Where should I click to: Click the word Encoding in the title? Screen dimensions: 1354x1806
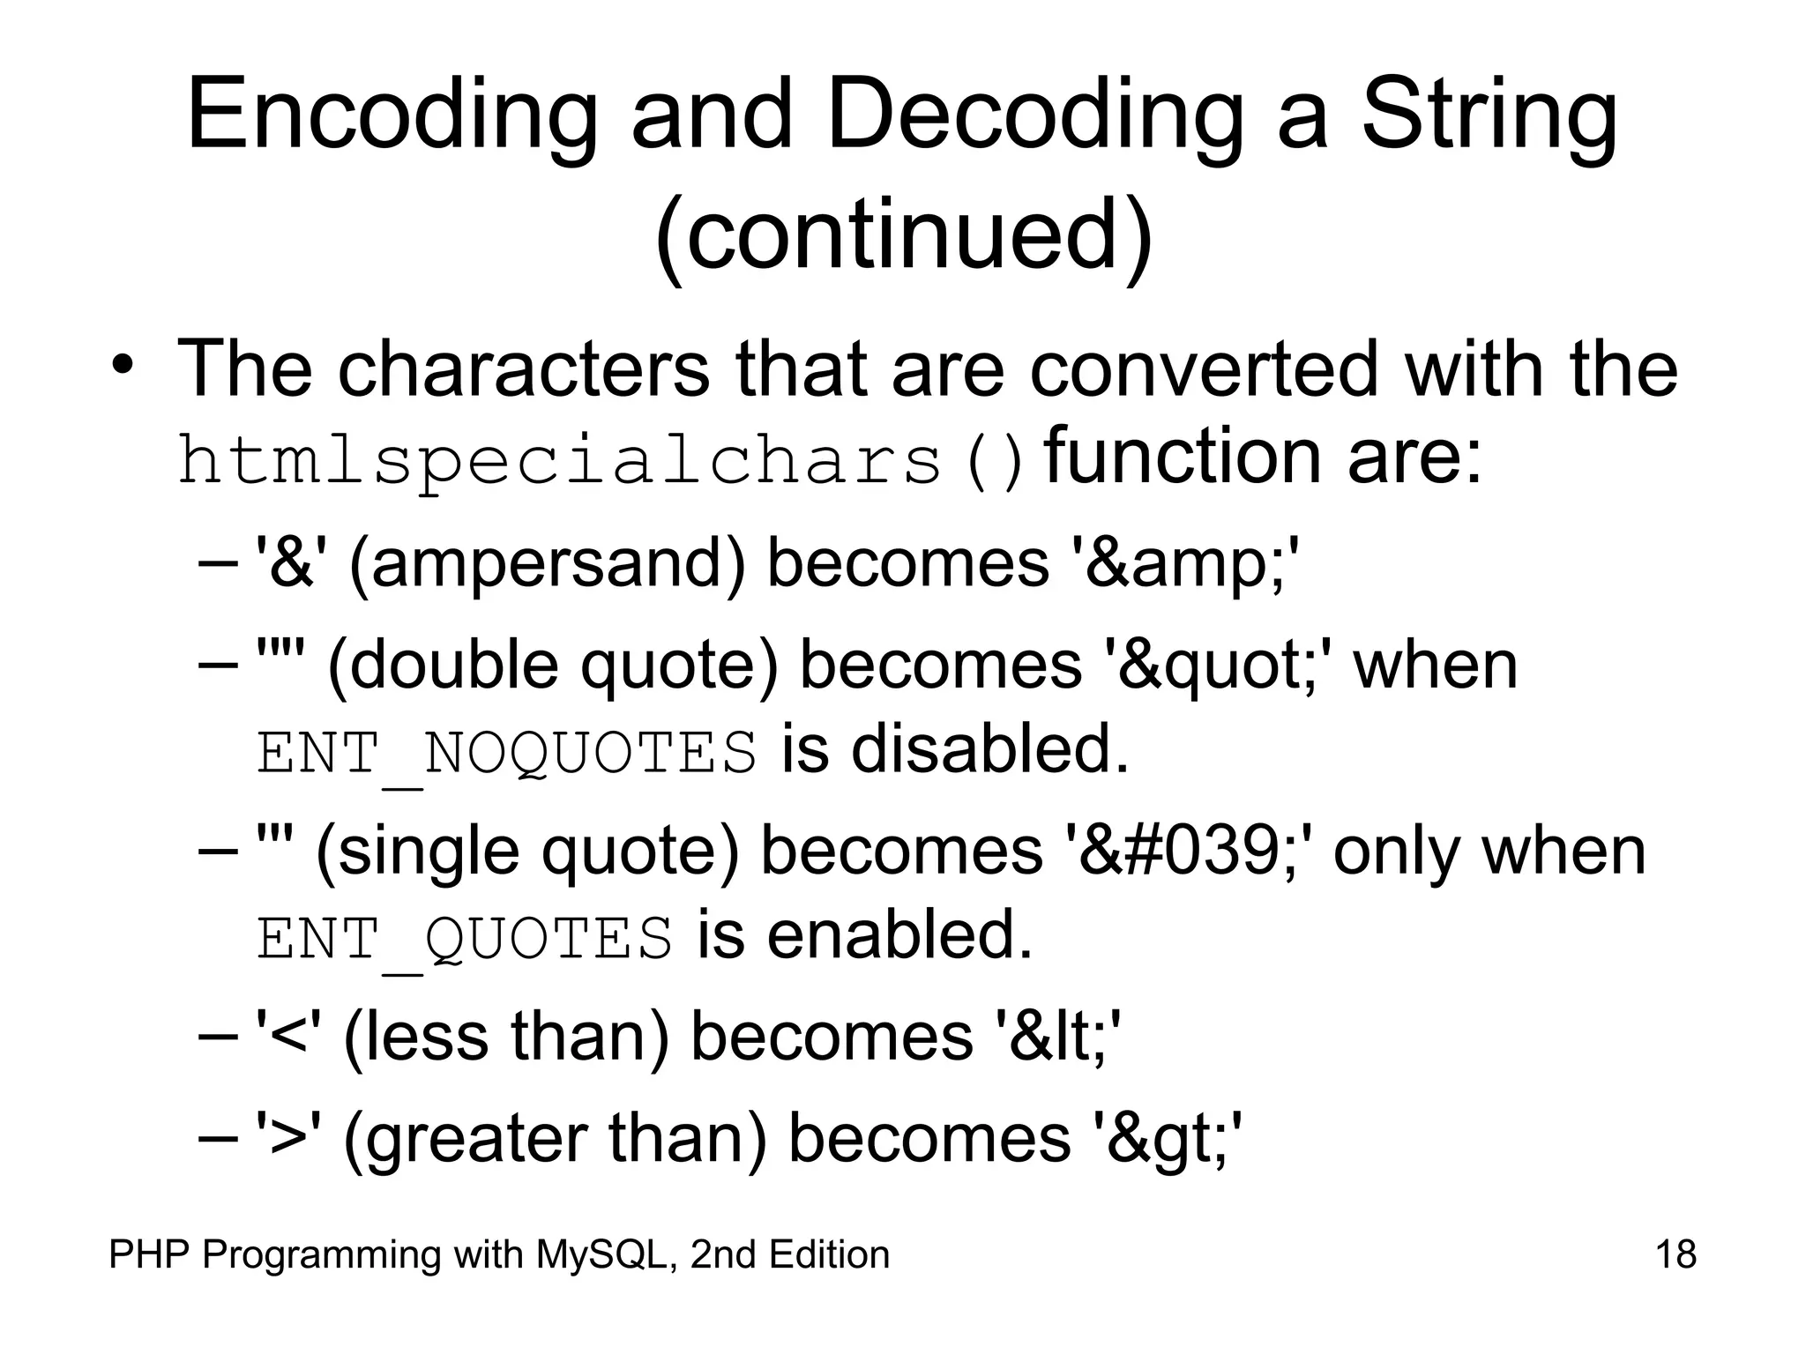pos(392,116)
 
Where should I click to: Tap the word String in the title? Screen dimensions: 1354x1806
pos(1489,116)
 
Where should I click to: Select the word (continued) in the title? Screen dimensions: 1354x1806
pos(903,236)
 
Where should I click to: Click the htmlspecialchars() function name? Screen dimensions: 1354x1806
pos(602,461)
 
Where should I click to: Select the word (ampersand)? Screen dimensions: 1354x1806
pos(548,565)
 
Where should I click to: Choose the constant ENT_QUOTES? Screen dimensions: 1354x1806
pos(465,939)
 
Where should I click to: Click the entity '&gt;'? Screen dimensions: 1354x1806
pos(1168,1138)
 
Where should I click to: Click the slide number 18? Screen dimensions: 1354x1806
pos(1675,1254)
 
